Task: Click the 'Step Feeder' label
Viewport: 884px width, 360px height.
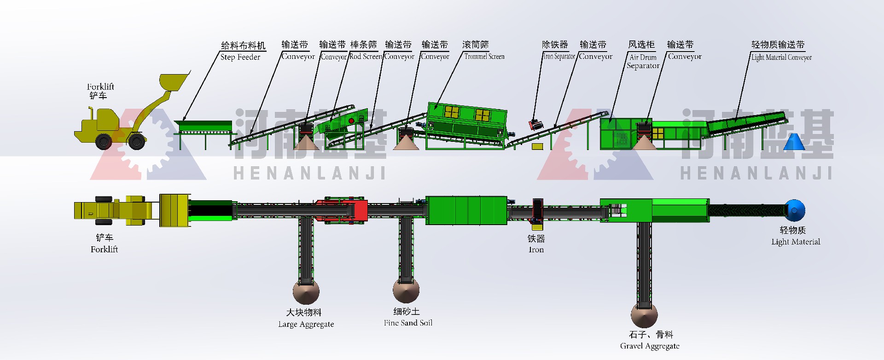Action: point(240,57)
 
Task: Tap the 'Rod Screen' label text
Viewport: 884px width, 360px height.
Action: point(366,57)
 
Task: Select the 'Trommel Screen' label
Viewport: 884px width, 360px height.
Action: point(484,57)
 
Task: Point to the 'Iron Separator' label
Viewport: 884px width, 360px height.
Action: point(559,57)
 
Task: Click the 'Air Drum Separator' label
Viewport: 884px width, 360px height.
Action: point(643,61)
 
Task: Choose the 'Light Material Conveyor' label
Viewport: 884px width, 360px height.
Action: point(781,58)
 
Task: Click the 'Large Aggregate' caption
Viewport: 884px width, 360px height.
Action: point(306,324)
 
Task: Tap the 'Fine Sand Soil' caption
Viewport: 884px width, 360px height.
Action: point(408,323)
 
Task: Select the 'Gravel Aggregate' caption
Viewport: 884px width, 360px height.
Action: point(650,346)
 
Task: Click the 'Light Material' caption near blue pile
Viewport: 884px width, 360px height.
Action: point(796,242)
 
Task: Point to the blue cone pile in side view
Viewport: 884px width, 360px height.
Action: point(794,143)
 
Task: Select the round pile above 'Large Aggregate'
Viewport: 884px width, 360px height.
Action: point(306,291)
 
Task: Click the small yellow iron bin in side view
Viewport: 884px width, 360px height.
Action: point(537,146)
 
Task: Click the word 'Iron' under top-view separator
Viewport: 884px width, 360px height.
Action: point(536,250)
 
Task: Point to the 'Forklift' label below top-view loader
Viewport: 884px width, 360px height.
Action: point(104,249)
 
